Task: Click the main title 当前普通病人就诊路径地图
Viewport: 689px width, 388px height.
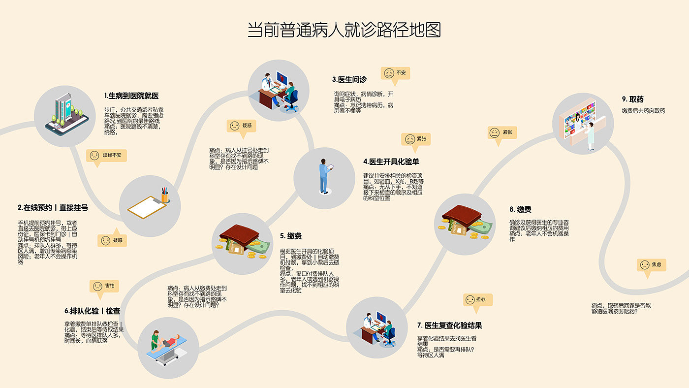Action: click(x=344, y=30)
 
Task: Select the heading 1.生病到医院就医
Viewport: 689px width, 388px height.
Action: click(x=131, y=96)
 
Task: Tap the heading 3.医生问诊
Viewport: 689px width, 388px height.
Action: click(x=349, y=79)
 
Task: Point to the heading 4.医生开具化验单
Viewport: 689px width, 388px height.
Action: click(x=391, y=162)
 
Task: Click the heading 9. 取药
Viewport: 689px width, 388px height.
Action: click(x=632, y=99)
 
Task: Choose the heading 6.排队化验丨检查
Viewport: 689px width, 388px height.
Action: click(x=92, y=311)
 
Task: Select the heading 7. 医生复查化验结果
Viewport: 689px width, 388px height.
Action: click(x=449, y=325)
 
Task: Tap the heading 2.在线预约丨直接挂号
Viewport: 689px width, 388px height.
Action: click(x=53, y=208)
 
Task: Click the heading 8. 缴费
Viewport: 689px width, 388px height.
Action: click(x=520, y=209)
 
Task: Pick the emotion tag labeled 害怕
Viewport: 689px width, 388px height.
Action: click(x=104, y=286)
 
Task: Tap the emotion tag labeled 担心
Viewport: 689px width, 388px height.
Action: click(x=477, y=299)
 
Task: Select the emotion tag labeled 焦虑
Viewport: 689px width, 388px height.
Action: click(x=652, y=265)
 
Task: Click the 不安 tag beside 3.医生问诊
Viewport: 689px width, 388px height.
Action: click(x=396, y=73)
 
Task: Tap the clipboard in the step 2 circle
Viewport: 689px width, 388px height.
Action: click(x=147, y=207)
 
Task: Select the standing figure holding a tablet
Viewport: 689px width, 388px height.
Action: click(x=324, y=176)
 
